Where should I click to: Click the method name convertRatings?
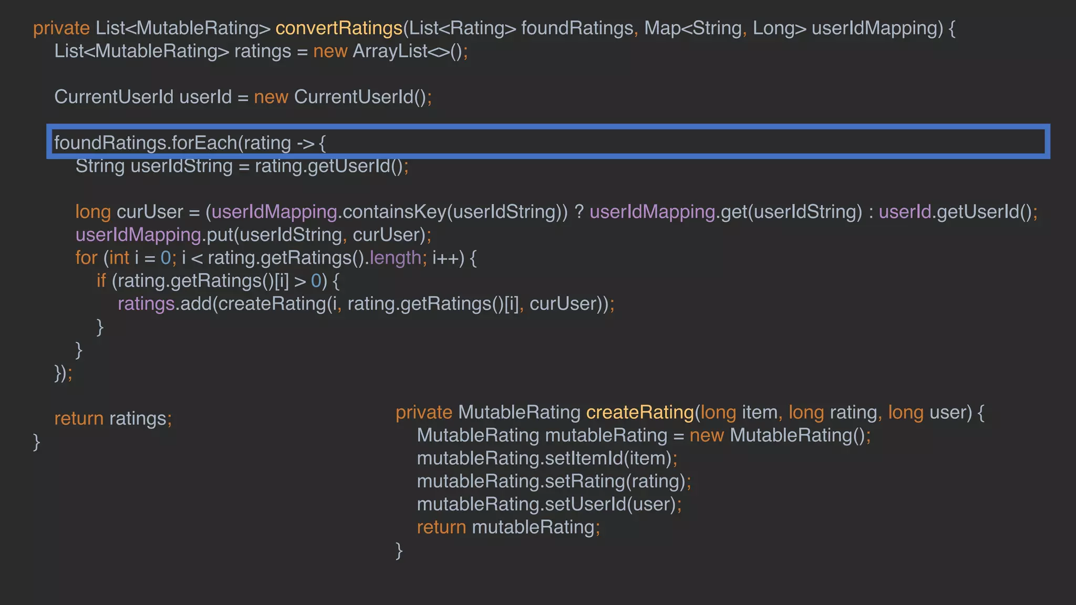(338, 28)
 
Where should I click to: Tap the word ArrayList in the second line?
(390, 51)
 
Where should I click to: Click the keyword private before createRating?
(423, 413)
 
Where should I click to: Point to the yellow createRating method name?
(639, 413)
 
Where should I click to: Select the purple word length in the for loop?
(395, 258)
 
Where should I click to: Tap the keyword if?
(101, 281)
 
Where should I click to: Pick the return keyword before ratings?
(79, 419)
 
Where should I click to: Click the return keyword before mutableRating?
(441, 527)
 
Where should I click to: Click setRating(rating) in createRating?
(615, 482)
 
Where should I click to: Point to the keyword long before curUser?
(92, 212)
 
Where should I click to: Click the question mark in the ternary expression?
(578, 212)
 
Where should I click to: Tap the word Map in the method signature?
(662, 28)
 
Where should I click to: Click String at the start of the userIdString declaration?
(100, 166)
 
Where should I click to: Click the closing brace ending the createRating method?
(399, 550)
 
